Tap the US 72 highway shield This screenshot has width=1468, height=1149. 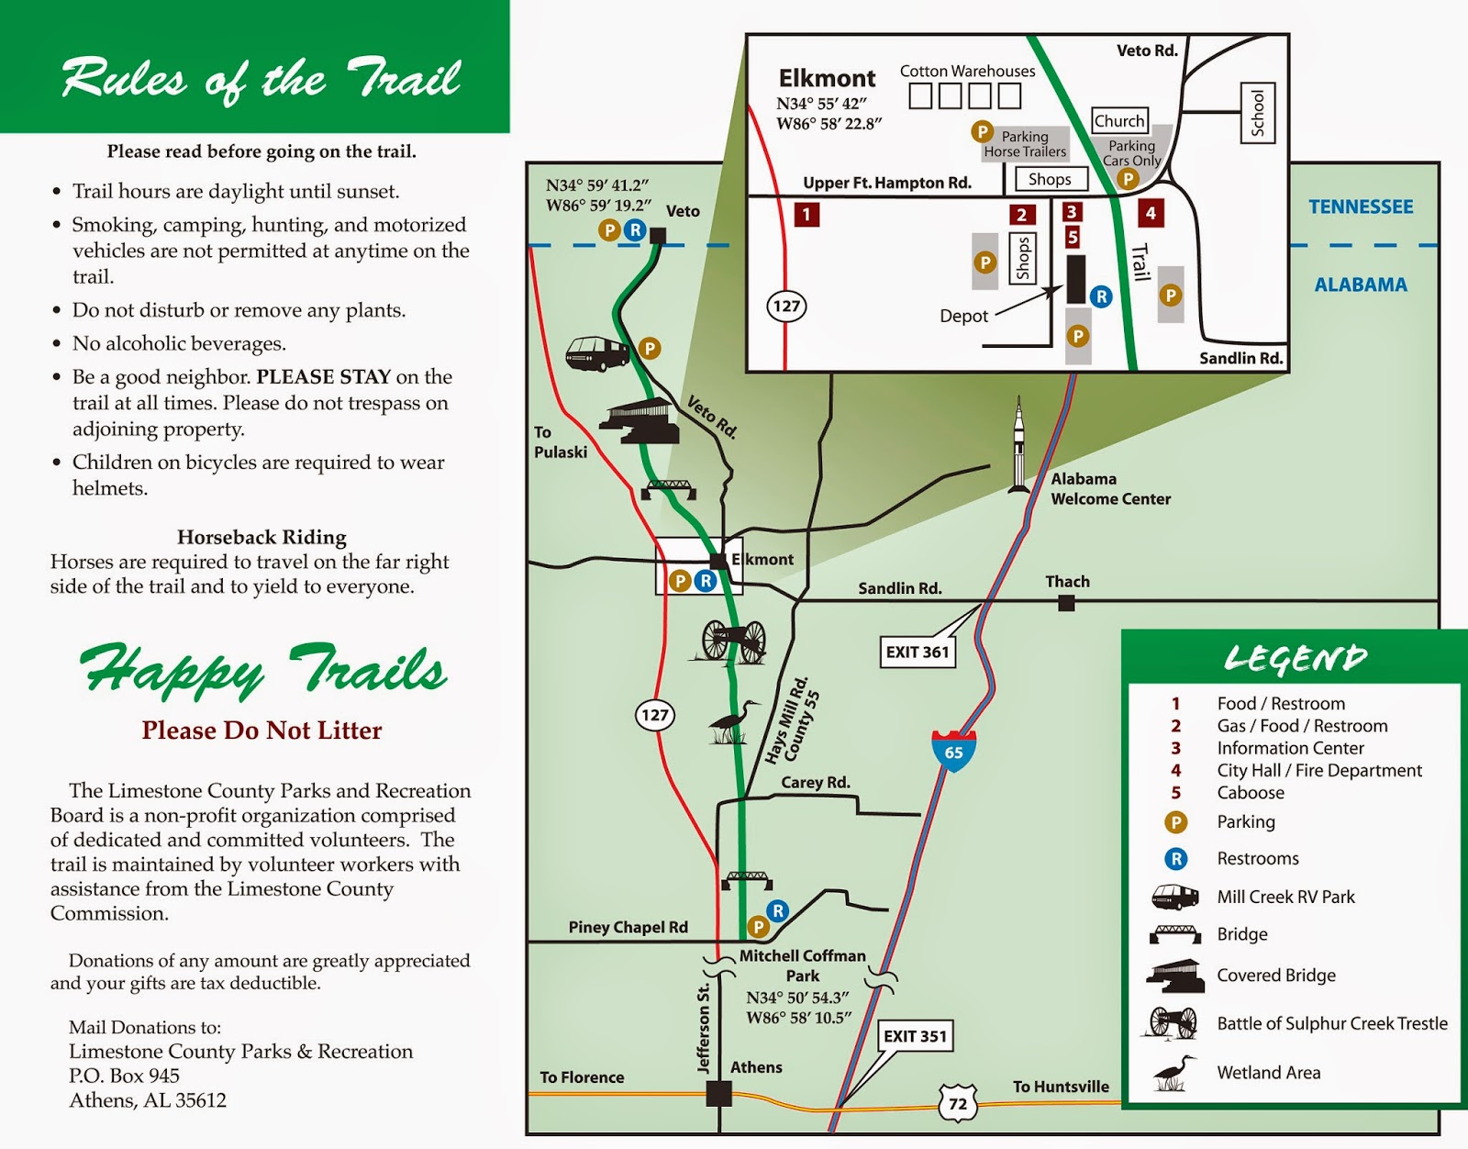pos(957,1102)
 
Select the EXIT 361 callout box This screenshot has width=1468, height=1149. pos(917,652)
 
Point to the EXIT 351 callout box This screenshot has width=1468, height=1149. pos(915,1036)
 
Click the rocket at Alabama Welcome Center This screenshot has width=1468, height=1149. pos(1018,446)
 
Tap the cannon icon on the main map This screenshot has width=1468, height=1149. pos(733,640)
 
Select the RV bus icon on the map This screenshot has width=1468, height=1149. pos(596,353)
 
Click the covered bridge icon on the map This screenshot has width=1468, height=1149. pos(639,421)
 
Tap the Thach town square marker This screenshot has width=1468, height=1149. pos(1066,603)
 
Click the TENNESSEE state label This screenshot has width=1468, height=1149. pos(1361,207)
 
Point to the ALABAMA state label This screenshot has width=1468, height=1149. pos(1361,284)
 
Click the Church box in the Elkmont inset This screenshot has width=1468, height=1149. pos(1119,121)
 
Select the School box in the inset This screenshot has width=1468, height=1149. pos(1257,112)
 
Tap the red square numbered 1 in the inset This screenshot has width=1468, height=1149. pos(806,215)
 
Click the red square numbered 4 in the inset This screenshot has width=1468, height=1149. pos(1151,213)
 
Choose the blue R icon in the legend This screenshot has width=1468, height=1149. pos(1175,859)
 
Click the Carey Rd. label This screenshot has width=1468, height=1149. pos(816,783)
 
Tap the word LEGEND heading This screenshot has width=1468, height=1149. pos(1295,658)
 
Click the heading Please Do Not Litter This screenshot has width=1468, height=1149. pos(261,731)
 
